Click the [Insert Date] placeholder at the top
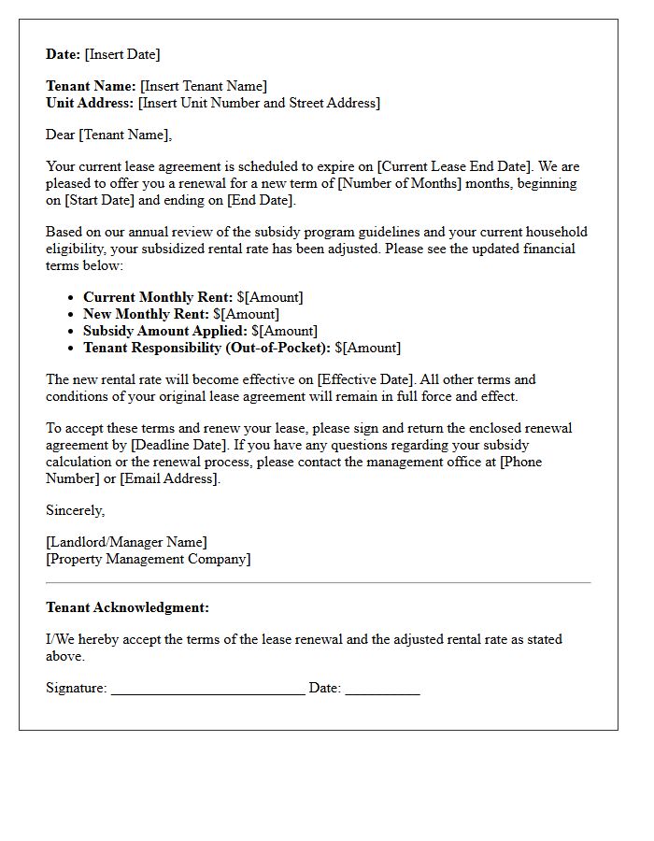tap(122, 54)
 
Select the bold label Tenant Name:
tap(91, 86)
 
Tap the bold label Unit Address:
tap(90, 103)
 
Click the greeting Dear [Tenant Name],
tap(108, 135)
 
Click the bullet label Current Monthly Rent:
tap(158, 297)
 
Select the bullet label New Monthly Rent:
tap(146, 314)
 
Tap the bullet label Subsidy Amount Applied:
tap(165, 331)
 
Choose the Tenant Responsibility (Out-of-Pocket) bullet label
tap(206, 348)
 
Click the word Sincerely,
tap(75, 510)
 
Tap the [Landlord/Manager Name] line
tap(126, 542)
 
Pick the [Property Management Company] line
tap(148, 559)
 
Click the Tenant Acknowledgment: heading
tap(127, 607)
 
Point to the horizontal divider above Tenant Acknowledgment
tap(318, 583)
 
